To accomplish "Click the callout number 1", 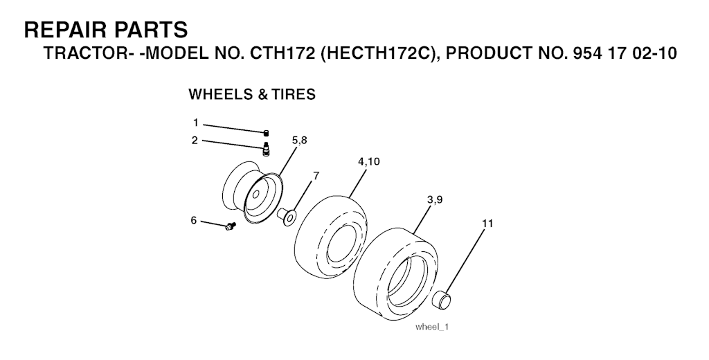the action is [x=195, y=123].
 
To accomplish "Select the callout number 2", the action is [x=195, y=141].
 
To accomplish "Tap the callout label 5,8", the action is [x=299, y=141].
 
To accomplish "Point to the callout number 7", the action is [x=316, y=176].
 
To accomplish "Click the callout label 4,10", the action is [x=369, y=161].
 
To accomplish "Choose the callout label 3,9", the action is [x=435, y=200].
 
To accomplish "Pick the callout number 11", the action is [x=487, y=224].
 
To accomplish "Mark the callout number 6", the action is [x=194, y=220].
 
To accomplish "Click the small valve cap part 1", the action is [x=267, y=132].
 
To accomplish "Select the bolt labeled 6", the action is [x=231, y=226].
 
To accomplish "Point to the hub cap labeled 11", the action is [x=442, y=300].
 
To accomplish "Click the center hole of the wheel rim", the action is [x=255, y=195].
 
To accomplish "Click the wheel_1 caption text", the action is [x=431, y=327].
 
